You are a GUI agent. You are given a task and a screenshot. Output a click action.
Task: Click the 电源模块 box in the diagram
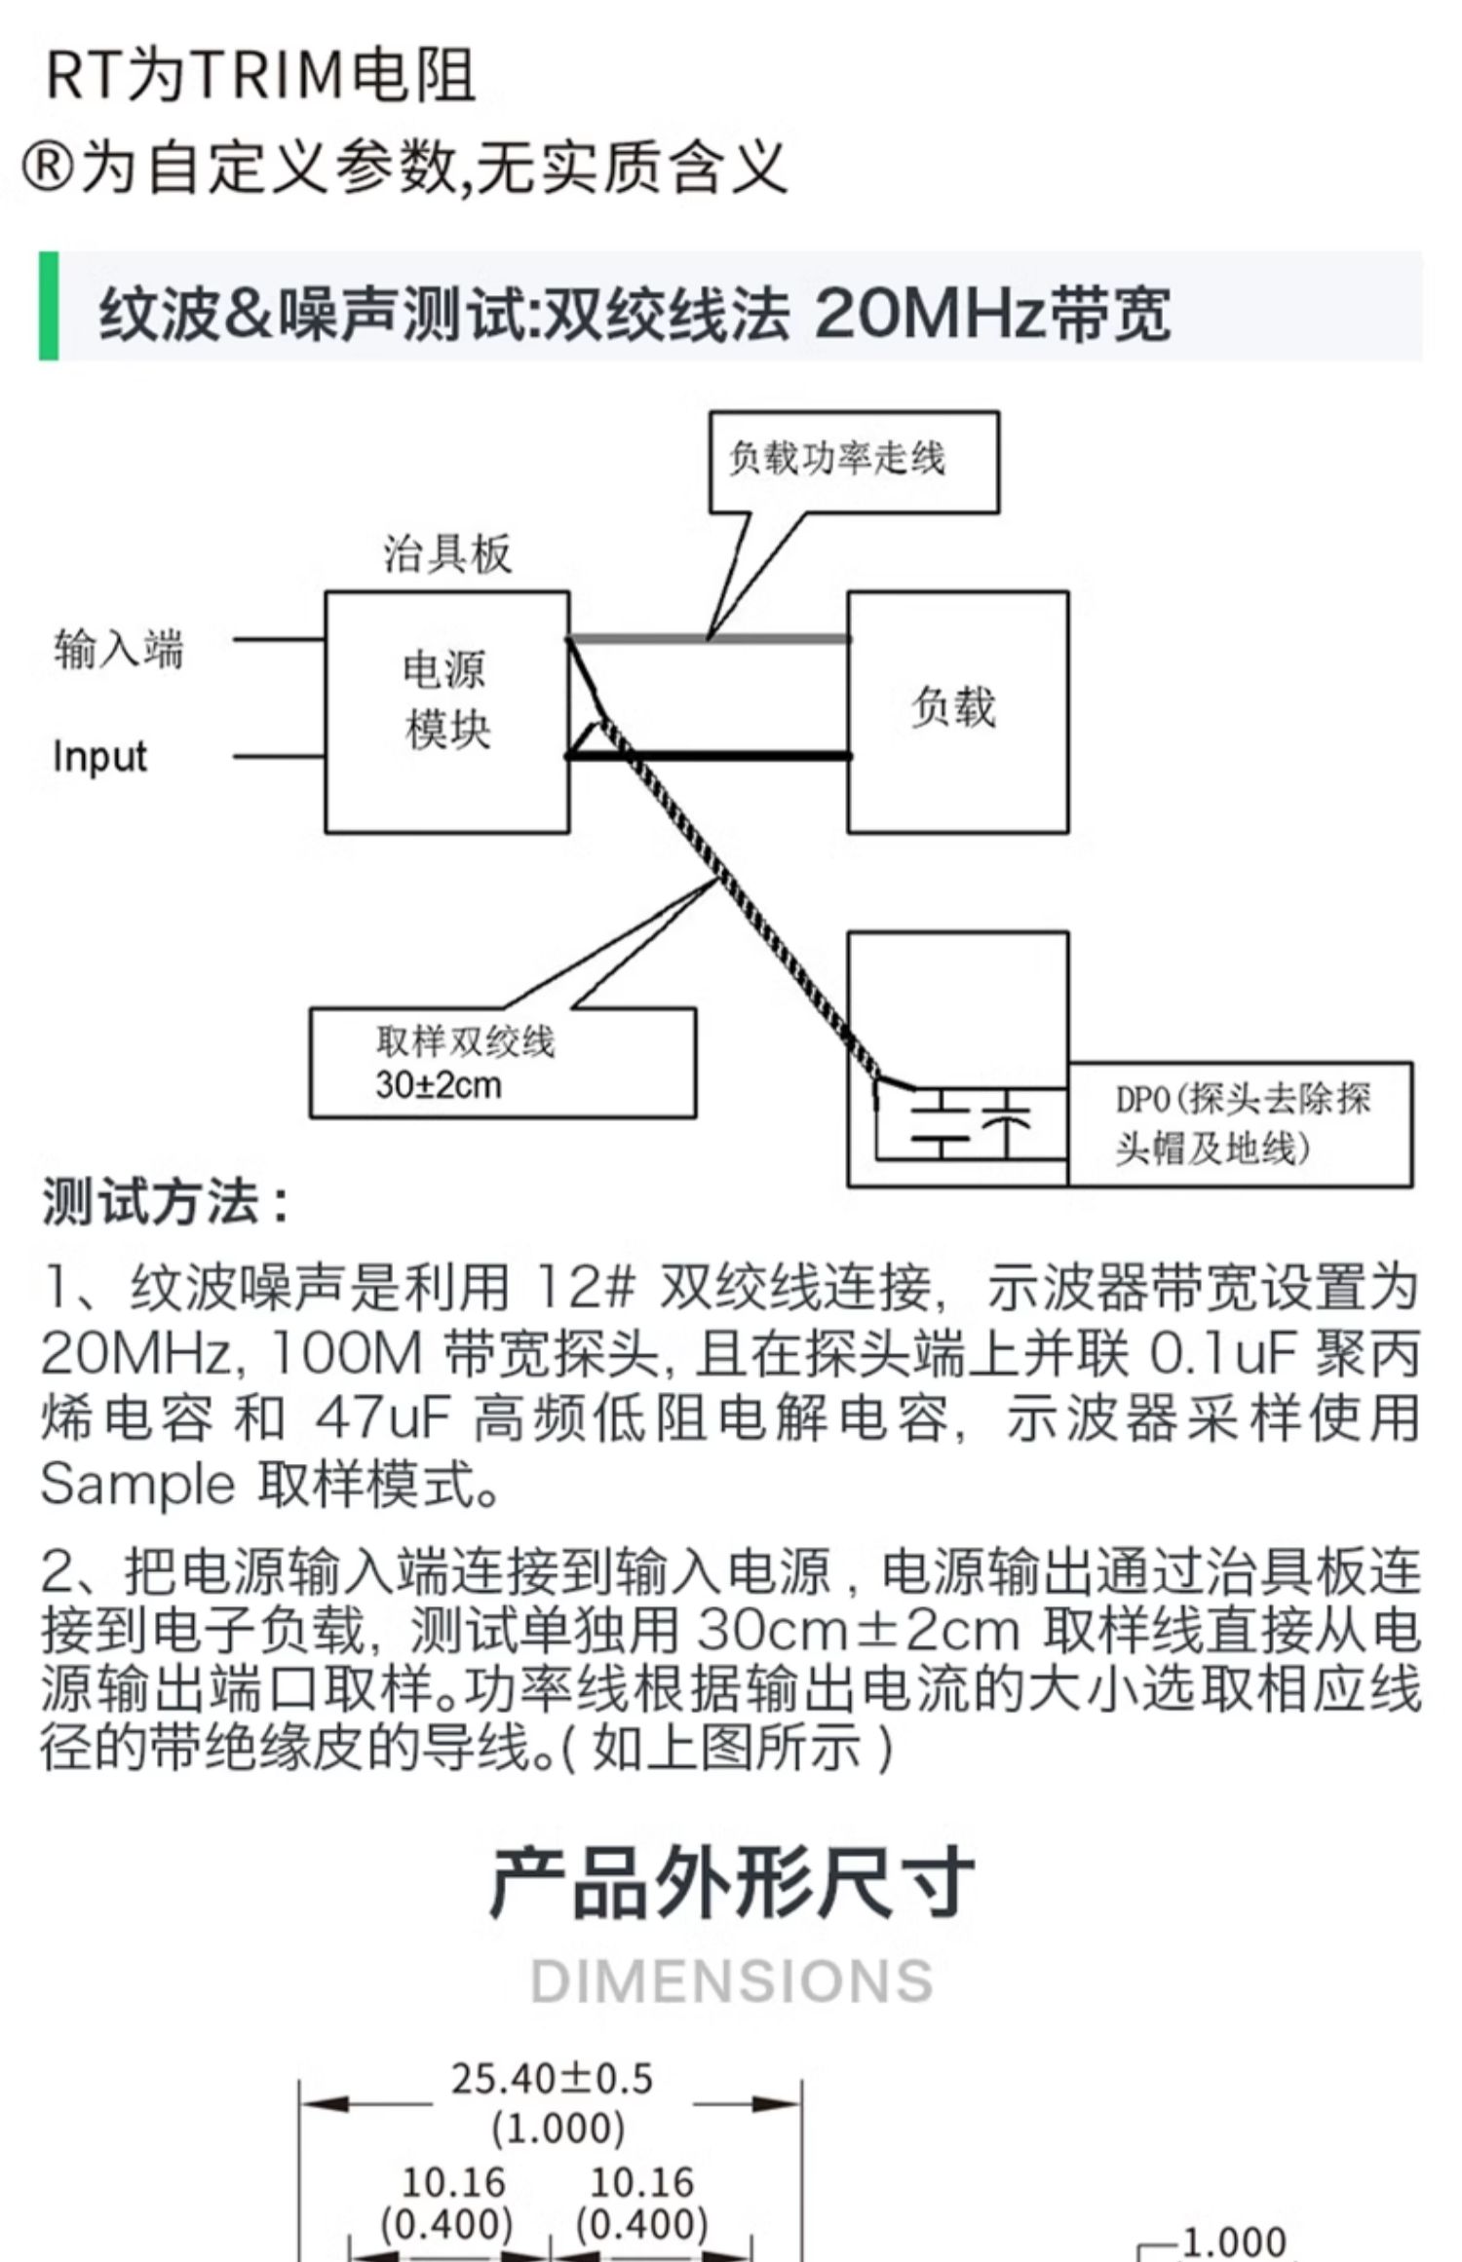446,711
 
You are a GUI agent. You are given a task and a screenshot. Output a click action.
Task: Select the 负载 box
957,711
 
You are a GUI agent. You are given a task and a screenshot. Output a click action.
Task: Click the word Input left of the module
99,757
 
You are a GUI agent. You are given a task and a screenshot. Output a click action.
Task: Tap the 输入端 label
118,650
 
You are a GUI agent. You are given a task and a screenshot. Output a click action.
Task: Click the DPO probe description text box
1240,1124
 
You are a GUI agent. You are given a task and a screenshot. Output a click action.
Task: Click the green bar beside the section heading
48,306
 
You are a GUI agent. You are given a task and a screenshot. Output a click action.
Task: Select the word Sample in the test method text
137,1484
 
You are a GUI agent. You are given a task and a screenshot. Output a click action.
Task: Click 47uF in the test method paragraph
381,1418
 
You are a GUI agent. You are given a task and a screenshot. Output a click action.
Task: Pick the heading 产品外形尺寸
731,1883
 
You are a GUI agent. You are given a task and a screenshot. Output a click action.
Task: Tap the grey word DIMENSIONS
731,1981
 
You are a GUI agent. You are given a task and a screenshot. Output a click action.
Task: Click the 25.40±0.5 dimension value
552,2079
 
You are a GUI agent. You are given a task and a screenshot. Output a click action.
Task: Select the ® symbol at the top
46,168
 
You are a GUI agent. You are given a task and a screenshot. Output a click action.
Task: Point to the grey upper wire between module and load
780,639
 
